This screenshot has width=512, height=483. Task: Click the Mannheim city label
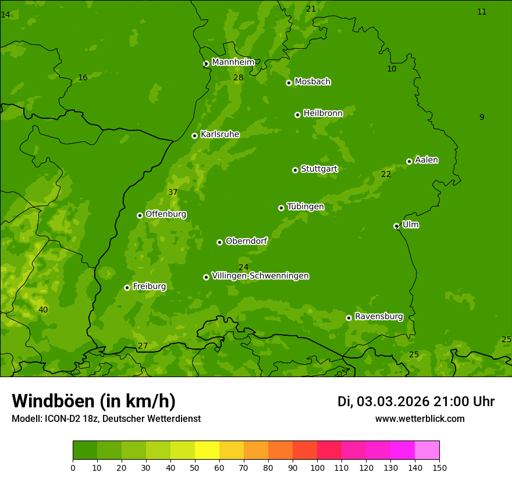233,62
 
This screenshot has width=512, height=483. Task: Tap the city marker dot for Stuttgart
295,170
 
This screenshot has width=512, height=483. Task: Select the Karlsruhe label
219,134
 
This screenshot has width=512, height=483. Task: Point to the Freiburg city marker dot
127,287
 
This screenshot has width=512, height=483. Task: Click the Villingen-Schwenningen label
260,276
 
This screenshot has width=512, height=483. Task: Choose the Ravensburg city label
379,317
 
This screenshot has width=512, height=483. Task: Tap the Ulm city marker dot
396,226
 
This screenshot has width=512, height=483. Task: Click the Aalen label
426,160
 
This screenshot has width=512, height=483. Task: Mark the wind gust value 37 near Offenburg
173,193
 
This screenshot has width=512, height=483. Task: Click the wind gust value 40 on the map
43,310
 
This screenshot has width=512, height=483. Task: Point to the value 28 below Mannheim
239,77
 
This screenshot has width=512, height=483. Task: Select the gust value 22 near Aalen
386,174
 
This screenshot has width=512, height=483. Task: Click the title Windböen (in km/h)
94,401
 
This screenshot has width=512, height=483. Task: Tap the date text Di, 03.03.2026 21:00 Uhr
416,402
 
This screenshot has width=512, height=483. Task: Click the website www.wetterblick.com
419,418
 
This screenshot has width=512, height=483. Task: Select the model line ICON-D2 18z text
106,418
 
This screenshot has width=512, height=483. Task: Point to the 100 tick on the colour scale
317,467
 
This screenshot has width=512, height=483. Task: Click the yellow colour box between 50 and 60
207,450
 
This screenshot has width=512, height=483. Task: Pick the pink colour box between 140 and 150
427,450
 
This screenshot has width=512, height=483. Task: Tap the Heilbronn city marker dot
297,115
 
